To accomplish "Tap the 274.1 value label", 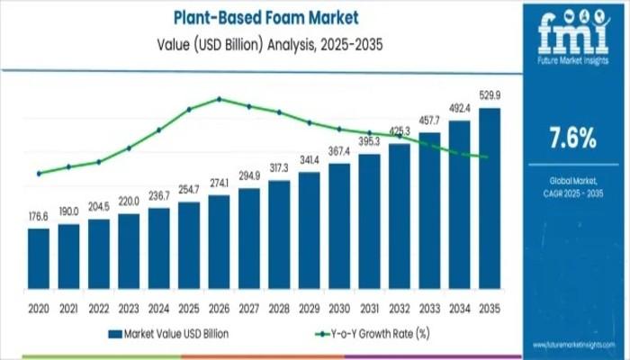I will click(219, 184).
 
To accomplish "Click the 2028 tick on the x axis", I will click(279, 308).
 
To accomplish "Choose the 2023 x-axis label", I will click(129, 308).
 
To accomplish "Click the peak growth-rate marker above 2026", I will click(219, 99).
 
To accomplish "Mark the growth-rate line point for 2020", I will click(39, 173).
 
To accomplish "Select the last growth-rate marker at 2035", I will click(487, 157).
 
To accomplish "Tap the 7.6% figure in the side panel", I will click(572, 137).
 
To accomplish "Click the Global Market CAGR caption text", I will click(572, 188).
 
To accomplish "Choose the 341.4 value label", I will click(309, 160).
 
